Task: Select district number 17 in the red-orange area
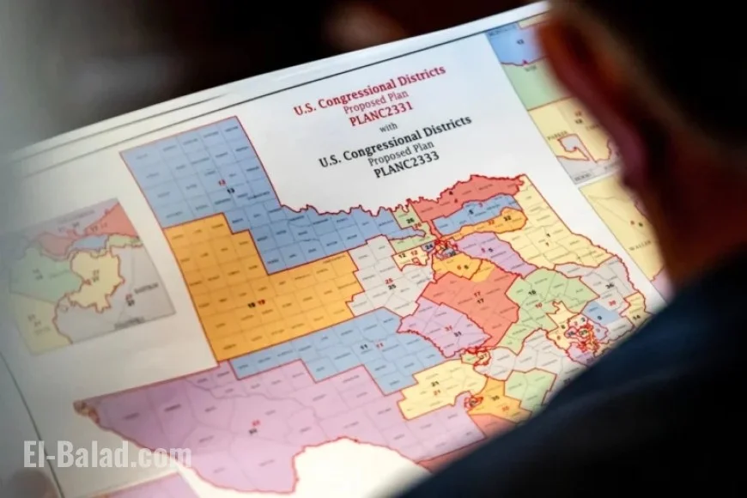[475, 295]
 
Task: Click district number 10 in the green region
[531, 304]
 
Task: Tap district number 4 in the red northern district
[477, 203]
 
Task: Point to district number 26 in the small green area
[410, 221]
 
